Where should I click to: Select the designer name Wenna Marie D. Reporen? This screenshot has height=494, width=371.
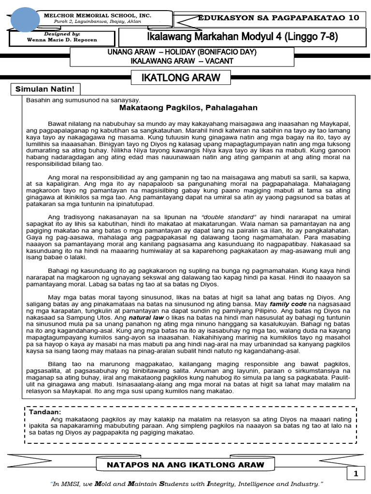[69, 41]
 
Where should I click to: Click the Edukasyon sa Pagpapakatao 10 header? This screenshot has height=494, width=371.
[279, 18]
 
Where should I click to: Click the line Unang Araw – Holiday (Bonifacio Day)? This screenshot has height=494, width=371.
[182, 52]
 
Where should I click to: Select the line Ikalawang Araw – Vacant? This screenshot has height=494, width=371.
[182, 61]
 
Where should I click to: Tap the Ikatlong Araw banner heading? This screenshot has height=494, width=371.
[181, 77]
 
